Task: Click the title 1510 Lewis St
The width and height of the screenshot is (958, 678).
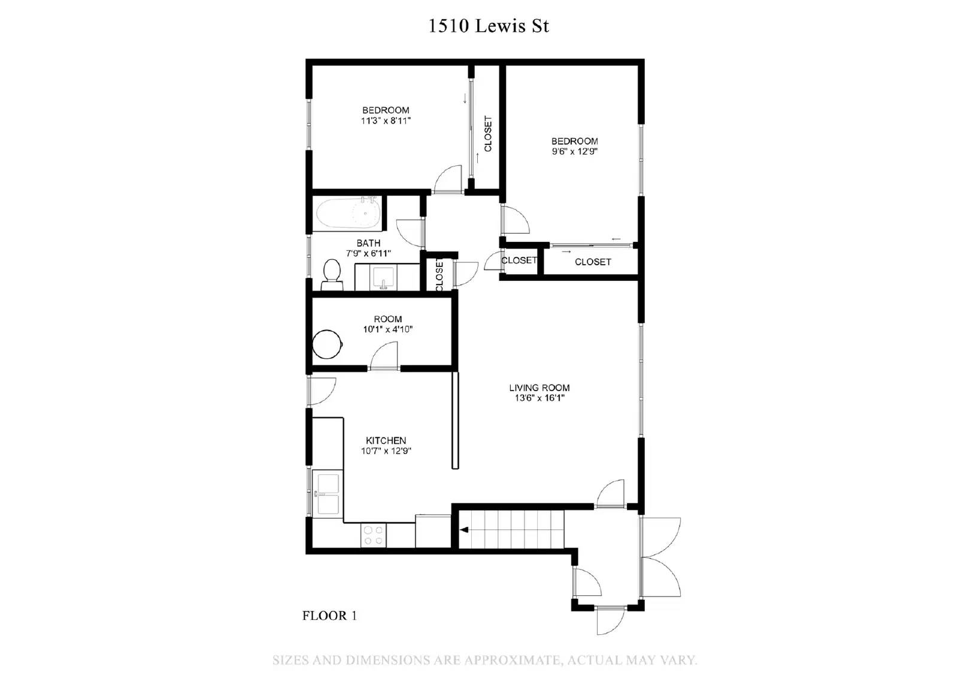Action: point(488,26)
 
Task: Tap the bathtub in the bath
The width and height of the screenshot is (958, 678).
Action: point(348,214)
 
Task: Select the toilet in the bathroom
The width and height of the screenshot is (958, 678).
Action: point(331,274)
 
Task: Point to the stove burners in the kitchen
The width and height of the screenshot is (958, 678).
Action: point(374,535)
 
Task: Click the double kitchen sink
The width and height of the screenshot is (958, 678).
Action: point(328,494)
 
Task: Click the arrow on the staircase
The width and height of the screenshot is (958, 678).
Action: point(464,530)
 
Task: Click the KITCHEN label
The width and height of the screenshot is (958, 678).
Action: point(386,441)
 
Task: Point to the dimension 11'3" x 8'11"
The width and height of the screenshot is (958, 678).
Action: point(386,120)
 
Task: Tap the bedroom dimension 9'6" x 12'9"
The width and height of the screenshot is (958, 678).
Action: point(574,152)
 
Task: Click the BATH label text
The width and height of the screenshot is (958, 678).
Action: point(368,243)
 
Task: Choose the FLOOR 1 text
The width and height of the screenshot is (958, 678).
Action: point(329,616)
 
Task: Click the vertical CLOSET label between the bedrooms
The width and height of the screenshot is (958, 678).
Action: point(488,134)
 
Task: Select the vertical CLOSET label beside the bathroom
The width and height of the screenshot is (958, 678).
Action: point(439,274)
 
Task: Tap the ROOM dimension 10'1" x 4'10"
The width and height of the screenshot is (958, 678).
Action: point(387,329)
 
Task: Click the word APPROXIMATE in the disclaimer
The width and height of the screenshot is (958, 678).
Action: point(511,661)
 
